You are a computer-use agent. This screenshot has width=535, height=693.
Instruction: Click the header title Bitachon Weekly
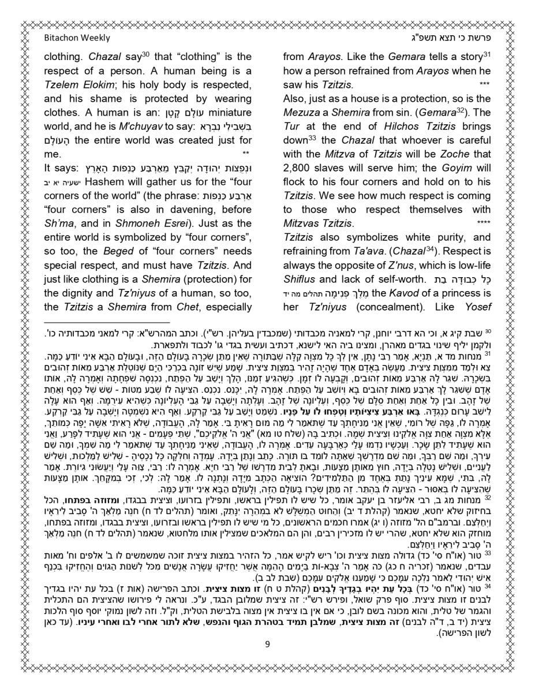click(x=77, y=38)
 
